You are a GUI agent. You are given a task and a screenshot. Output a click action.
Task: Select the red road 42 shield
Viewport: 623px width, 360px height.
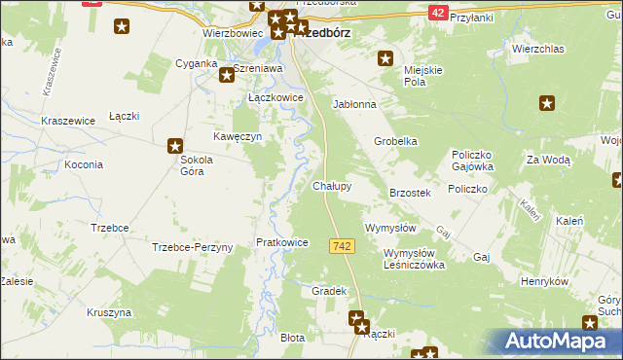[438, 12]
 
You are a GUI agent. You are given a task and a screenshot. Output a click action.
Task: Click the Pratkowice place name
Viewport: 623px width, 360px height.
[281, 242]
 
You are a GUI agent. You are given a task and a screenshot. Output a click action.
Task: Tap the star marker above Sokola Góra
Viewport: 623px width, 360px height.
[176, 144]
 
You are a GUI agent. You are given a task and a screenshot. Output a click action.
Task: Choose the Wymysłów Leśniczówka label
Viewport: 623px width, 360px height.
[401, 258]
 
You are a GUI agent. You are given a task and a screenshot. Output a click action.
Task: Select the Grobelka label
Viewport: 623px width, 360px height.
[396, 141]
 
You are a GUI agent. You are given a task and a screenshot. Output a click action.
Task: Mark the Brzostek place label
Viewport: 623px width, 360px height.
[410, 194]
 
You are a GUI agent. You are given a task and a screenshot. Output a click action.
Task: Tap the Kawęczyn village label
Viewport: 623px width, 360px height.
[239, 137]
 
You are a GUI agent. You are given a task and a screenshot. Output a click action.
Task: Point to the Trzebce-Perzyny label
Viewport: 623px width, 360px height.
[193, 247]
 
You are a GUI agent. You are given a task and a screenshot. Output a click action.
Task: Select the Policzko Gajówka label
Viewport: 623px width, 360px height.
[474, 161]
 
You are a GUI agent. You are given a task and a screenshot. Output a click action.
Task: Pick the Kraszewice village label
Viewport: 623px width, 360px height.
[67, 121]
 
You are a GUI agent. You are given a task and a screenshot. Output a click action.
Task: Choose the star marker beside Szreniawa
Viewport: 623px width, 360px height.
[225, 73]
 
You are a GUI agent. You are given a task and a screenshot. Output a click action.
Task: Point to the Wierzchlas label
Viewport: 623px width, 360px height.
[538, 48]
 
